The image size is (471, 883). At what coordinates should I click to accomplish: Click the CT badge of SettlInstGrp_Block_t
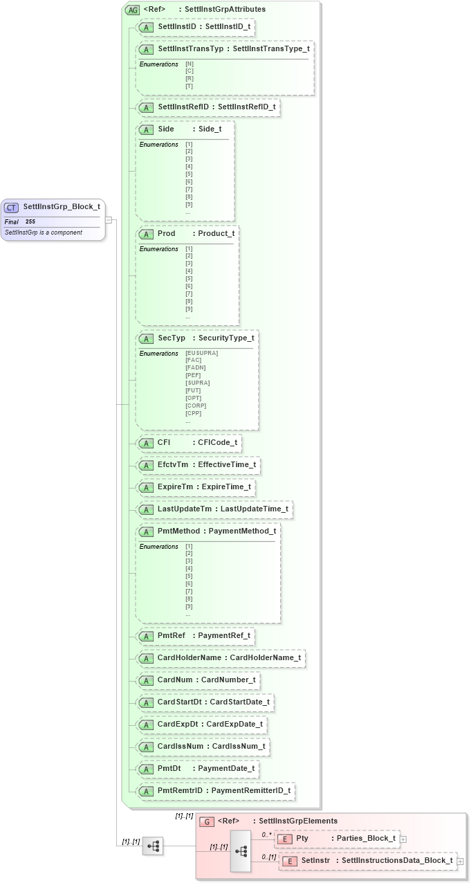click(x=11, y=207)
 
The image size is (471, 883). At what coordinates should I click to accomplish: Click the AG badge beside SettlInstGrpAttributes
click(x=132, y=10)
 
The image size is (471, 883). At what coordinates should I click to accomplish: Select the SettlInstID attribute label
click(x=175, y=27)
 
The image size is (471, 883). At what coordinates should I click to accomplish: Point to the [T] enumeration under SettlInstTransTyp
click(x=189, y=86)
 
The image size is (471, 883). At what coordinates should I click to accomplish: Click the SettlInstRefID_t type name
click(x=246, y=107)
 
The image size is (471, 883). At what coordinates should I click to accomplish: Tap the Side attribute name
click(x=166, y=129)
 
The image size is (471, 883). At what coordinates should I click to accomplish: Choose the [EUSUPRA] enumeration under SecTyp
click(x=201, y=353)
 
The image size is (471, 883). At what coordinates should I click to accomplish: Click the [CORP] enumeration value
click(x=194, y=406)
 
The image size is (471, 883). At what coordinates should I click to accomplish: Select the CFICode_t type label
click(x=218, y=442)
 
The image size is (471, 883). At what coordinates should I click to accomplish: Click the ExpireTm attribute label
click(x=176, y=487)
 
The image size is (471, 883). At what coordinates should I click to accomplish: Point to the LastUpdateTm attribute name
click(x=185, y=509)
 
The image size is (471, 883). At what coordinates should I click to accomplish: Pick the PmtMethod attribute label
click(x=178, y=531)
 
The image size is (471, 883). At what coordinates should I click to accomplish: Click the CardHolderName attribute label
click(x=190, y=657)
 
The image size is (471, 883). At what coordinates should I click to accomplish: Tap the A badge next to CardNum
click(x=146, y=680)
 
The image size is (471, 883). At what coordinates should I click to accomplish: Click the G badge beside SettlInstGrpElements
click(x=206, y=821)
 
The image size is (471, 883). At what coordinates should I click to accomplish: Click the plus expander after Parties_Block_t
click(x=403, y=839)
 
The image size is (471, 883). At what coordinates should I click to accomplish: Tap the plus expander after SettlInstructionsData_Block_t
click(x=460, y=862)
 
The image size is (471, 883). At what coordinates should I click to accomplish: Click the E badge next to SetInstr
click(x=290, y=861)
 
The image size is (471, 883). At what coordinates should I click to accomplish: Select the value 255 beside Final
click(x=30, y=221)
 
